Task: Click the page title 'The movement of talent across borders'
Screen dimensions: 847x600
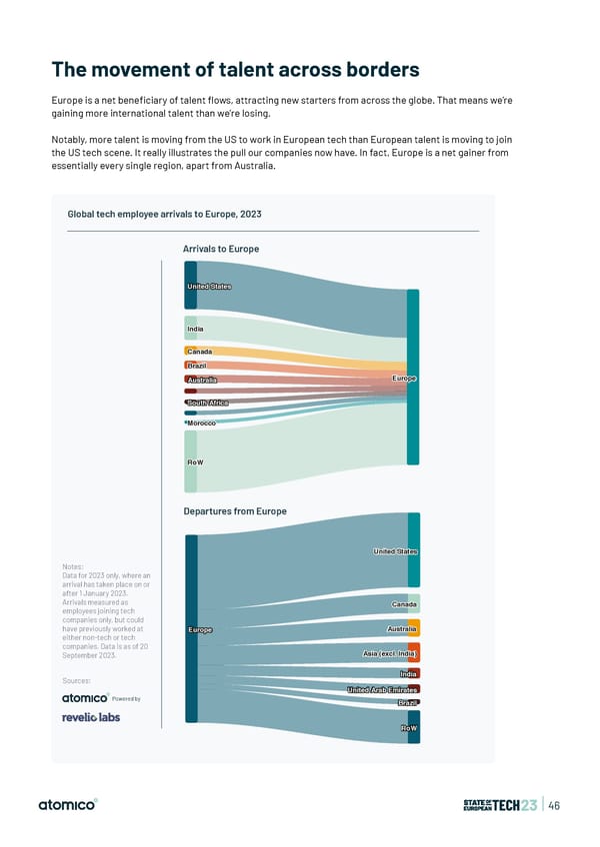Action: click(235, 70)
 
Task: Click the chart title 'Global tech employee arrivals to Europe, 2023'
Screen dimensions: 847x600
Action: click(164, 214)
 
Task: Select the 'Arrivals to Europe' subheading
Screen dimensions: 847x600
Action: click(221, 248)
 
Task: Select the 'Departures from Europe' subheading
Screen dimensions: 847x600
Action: click(235, 511)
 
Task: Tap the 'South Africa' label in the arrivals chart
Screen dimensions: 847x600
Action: click(208, 403)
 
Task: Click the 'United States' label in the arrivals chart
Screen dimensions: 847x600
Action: click(209, 287)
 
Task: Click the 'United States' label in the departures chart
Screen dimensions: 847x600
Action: click(396, 551)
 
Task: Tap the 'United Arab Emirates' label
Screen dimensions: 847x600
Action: click(383, 690)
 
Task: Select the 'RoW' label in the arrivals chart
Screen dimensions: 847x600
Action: click(195, 462)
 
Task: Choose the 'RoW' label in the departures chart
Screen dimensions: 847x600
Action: click(408, 728)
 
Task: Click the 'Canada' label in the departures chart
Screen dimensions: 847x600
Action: click(404, 604)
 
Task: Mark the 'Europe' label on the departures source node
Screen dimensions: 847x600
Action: click(200, 629)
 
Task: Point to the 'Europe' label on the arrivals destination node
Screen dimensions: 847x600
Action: click(404, 379)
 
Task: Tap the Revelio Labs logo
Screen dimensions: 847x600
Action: click(91, 717)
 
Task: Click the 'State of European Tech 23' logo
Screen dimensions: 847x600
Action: click(501, 805)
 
